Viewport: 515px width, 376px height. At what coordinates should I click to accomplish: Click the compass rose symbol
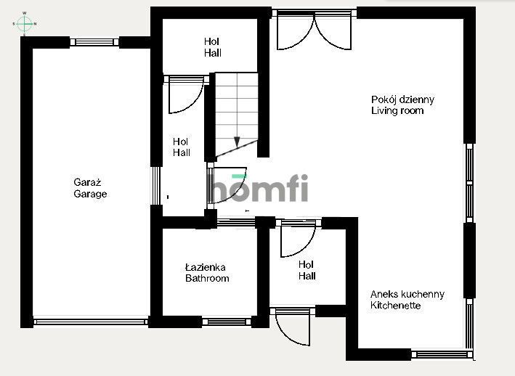pyautogui.click(x=25, y=24)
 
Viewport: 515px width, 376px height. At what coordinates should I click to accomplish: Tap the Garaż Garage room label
pyautogui.click(x=90, y=188)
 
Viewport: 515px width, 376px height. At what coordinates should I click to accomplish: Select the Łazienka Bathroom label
pyautogui.click(x=207, y=273)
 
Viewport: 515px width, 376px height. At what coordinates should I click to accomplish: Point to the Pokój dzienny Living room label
pyautogui.click(x=402, y=105)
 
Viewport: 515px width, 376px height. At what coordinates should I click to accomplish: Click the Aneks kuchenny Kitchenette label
pyautogui.click(x=407, y=300)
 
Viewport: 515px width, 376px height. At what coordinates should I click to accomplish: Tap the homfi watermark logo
pyautogui.click(x=259, y=188)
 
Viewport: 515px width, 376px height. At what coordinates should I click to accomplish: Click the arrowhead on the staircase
pyautogui.click(x=237, y=142)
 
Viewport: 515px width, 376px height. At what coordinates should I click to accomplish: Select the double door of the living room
pyautogui.click(x=315, y=30)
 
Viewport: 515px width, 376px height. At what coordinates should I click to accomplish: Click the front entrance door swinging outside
pyautogui.click(x=293, y=327)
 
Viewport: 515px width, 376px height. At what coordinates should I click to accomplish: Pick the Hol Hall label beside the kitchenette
pyautogui.click(x=307, y=270)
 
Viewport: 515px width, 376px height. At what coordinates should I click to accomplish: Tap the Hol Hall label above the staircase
pyautogui.click(x=213, y=47)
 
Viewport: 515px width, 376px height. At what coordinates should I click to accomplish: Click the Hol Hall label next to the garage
pyautogui.click(x=182, y=147)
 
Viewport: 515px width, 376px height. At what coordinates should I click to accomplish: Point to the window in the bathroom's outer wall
pyautogui.click(x=227, y=322)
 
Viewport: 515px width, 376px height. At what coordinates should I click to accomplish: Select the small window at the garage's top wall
pyautogui.click(x=94, y=42)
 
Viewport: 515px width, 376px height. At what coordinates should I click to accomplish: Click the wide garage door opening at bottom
pyautogui.click(x=91, y=322)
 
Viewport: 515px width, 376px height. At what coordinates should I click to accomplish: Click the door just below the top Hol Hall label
pyautogui.click(x=186, y=95)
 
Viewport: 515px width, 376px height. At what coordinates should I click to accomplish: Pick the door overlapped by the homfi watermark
pyautogui.click(x=227, y=185)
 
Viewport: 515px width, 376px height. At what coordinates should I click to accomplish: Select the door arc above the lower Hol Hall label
pyautogui.click(x=298, y=239)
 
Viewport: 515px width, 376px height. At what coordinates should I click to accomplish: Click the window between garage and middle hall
pyautogui.click(x=156, y=186)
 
